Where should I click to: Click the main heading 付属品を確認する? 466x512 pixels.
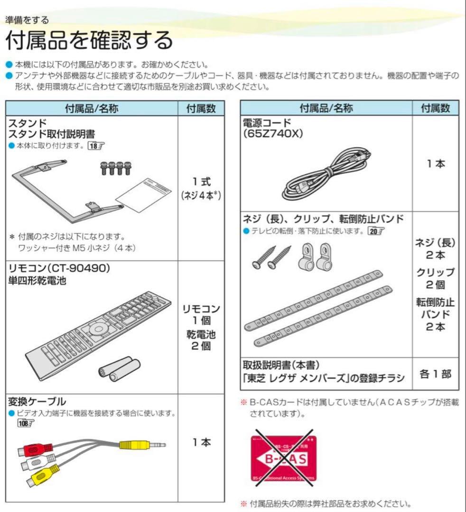coord(89,41)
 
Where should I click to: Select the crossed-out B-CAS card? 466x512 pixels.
coord(283,458)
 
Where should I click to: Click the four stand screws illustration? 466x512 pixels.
coord(116,167)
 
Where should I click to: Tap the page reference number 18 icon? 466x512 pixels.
coord(95,146)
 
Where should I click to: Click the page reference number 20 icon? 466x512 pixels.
coord(375,231)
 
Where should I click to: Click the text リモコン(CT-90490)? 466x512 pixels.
coord(59,268)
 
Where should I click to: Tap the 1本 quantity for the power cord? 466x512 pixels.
coord(435,164)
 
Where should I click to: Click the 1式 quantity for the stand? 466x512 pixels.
coord(201,181)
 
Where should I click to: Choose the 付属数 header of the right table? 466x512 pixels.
coord(435,108)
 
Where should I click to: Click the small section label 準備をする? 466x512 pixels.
coord(27,20)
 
